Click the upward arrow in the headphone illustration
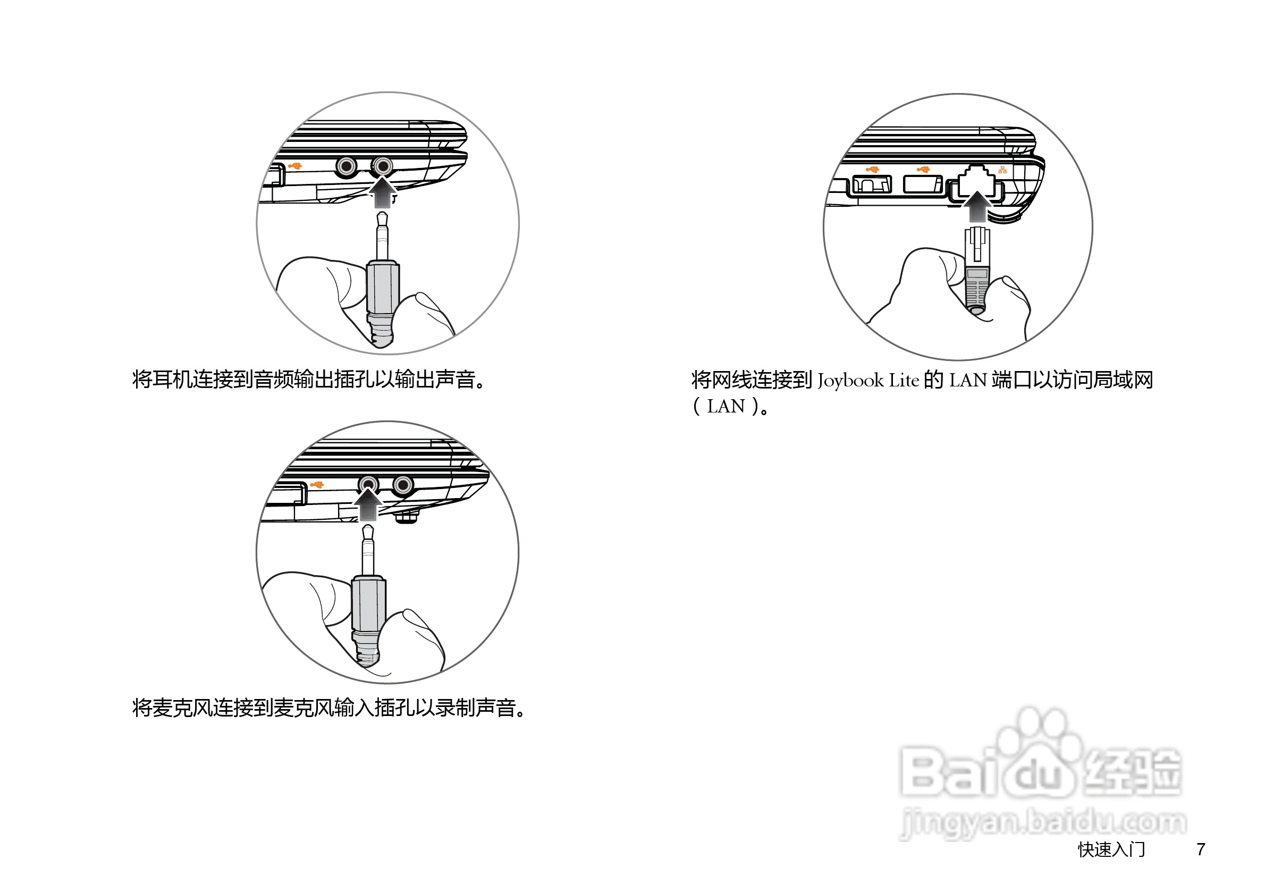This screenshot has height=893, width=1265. pyautogui.click(x=382, y=192)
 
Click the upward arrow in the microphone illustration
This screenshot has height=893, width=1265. pyautogui.click(x=367, y=504)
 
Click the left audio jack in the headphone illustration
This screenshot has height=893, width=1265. pyautogui.click(x=347, y=166)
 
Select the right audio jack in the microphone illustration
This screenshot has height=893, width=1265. pyautogui.click(x=403, y=485)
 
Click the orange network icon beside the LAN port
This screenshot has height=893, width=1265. pyautogui.click(x=1003, y=170)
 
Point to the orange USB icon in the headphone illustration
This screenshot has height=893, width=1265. pyautogui.click(x=295, y=166)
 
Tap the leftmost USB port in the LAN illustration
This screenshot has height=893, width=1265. pyautogui.click(x=872, y=184)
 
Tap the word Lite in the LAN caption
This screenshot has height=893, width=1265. pyautogui.click(x=904, y=381)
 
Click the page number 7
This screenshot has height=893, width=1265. pyautogui.click(x=1201, y=849)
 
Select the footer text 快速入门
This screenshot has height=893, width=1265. pyautogui.click(x=1111, y=849)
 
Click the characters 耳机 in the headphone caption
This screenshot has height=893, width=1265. pyautogui.click(x=163, y=379)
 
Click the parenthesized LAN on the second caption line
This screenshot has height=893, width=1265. pyautogui.click(x=726, y=407)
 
